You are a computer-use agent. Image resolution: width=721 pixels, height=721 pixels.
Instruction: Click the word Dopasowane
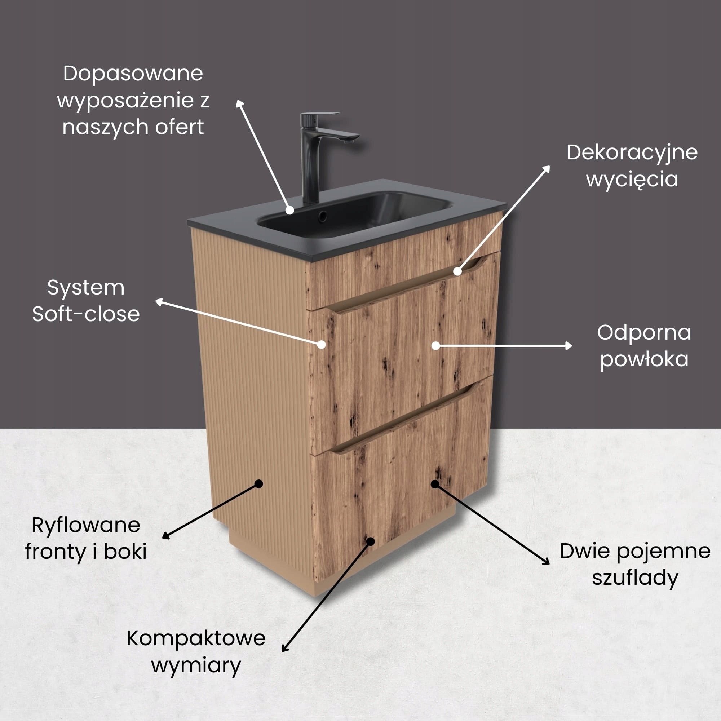click(x=133, y=73)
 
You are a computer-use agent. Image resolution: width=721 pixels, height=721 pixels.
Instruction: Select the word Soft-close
click(x=86, y=314)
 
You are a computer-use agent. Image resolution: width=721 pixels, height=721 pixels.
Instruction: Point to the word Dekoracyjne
click(x=632, y=153)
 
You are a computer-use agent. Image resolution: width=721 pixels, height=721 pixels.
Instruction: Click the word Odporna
click(x=644, y=333)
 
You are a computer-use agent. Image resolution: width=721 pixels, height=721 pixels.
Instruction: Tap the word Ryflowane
click(x=86, y=526)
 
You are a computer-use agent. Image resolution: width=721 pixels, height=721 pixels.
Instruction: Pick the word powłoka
click(x=645, y=359)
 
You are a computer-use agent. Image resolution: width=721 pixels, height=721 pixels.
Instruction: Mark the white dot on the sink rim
click(x=289, y=210)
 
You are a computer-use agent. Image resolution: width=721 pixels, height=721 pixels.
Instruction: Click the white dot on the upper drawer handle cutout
click(x=457, y=271)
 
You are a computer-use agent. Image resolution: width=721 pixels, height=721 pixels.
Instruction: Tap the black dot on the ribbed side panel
click(x=258, y=484)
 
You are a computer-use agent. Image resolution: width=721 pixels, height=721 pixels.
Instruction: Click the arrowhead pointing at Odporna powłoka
click(x=569, y=346)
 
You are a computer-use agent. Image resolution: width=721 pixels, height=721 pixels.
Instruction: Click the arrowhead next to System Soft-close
click(x=160, y=301)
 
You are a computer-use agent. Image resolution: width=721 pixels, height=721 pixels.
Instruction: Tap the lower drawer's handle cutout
click(x=403, y=420)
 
